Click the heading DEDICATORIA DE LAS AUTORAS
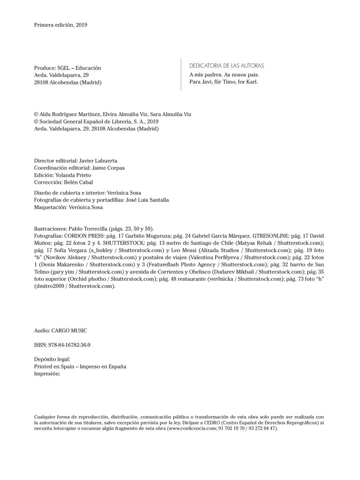(226, 66)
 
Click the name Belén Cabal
(78, 182)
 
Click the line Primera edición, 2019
(61, 25)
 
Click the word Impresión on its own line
(47, 374)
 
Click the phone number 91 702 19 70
(233, 428)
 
